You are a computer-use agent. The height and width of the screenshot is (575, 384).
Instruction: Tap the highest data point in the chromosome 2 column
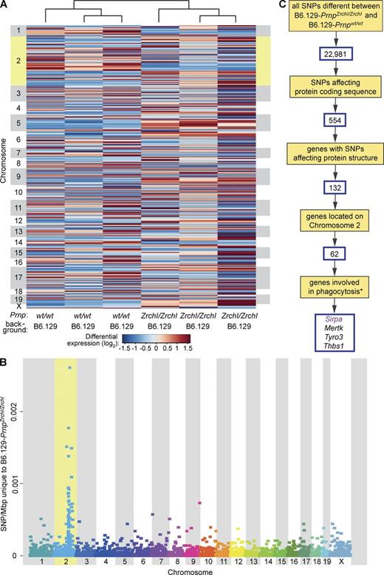pyautogui.click(x=70, y=367)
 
